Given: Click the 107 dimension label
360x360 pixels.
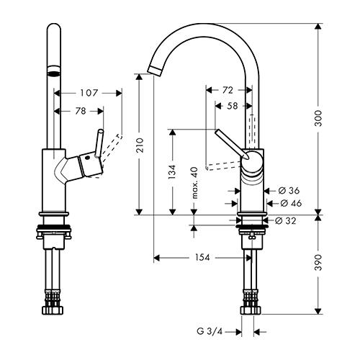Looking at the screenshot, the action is tap(89, 93).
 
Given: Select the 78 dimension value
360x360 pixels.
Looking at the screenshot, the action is tap(81, 111).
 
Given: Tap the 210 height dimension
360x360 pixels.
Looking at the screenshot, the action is tap(140, 145).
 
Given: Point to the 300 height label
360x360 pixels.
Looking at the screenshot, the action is tap(318, 119).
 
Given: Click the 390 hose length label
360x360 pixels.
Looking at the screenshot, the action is tap(318, 263).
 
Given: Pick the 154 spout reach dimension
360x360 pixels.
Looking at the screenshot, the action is tap(202, 258).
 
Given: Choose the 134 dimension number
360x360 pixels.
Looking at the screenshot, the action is tap(172, 172).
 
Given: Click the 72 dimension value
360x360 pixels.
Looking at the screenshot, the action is tap(228, 90).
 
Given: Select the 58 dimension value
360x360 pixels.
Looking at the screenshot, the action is tap(233, 106).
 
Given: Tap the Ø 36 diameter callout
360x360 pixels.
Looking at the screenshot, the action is tap(289, 191).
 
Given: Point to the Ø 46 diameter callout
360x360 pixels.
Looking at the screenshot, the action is tap(291, 203).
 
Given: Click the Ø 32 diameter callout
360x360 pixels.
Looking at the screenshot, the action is tap(286, 220).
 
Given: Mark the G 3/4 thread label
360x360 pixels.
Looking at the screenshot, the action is tap(210, 332).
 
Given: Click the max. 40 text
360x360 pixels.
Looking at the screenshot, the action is tap(195, 183).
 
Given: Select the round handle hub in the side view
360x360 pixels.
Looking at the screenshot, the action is tap(252, 162).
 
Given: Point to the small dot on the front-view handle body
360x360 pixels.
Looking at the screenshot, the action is tap(86, 158).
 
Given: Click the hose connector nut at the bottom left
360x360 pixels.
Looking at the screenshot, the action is tap(54, 310).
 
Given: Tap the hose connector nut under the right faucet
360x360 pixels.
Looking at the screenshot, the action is tap(251, 310).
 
